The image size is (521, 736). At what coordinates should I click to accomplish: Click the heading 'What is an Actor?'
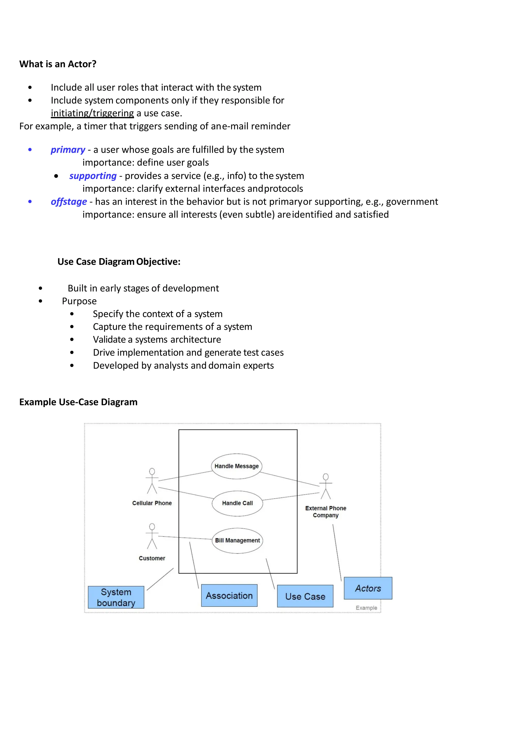[x=58, y=64]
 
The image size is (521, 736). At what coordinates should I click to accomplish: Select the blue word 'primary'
[x=68, y=150]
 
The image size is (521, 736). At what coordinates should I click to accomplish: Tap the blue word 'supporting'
[x=93, y=176]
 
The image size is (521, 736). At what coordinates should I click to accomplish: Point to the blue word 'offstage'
[x=69, y=202]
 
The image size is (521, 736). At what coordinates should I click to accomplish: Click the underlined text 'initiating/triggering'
[x=92, y=113]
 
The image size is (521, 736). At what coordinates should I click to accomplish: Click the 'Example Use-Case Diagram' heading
[x=78, y=402]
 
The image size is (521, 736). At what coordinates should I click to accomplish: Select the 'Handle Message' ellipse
[x=236, y=466]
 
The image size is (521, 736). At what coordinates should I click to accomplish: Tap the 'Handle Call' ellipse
[x=237, y=503]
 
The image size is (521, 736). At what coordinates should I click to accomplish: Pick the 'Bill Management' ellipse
[x=237, y=541]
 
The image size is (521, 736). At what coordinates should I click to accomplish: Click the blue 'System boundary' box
[x=116, y=597]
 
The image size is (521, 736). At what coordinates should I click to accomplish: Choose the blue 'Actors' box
[x=368, y=588]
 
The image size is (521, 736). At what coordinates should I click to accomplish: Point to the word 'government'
[x=412, y=202]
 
